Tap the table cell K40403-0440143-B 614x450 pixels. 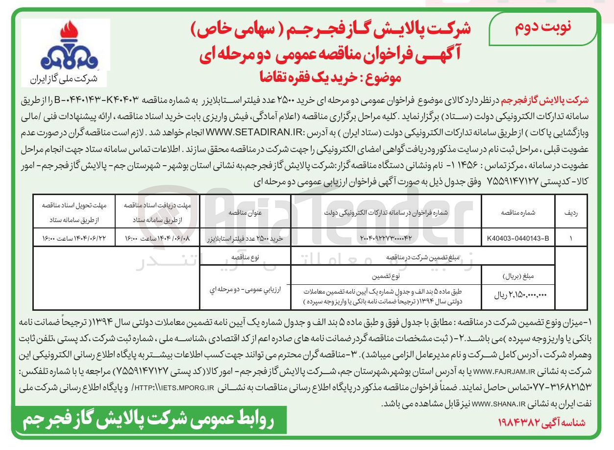click(518, 239)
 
